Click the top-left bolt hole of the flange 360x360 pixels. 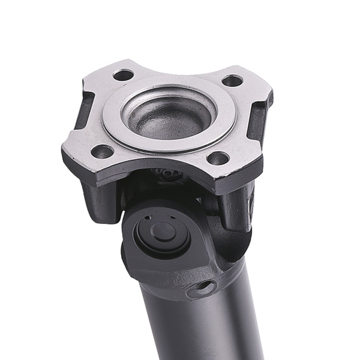(124, 75)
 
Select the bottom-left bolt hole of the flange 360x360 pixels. (103, 151)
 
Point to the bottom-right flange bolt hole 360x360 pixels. (218, 158)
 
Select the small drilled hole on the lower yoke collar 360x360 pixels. (208, 287)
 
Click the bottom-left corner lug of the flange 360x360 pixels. (84, 156)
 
